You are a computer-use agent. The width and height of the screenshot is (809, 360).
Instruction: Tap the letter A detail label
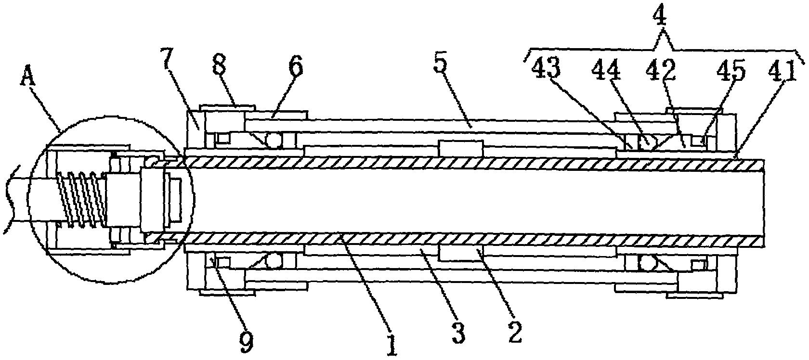(28, 73)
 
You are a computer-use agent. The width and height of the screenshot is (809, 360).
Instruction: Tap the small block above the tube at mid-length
(460, 148)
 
